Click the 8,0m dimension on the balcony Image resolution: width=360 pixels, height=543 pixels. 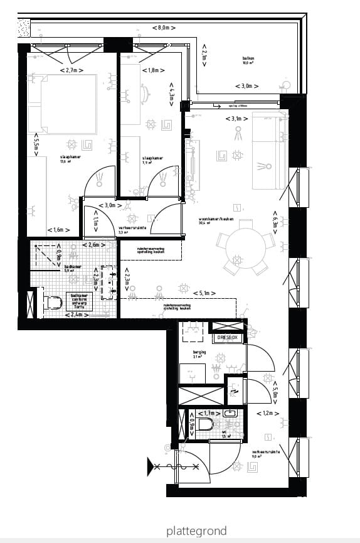pyautogui.click(x=162, y=28)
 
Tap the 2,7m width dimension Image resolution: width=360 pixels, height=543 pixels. pyautogui.click(x=71, y=70)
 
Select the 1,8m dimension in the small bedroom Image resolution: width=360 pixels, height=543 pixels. pyautogui.click(x=150, y=70)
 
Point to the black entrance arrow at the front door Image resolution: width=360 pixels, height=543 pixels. pyautogui.click(x=151, y=466)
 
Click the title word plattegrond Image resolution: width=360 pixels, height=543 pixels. pyautogui.click(x=196, y=532)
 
